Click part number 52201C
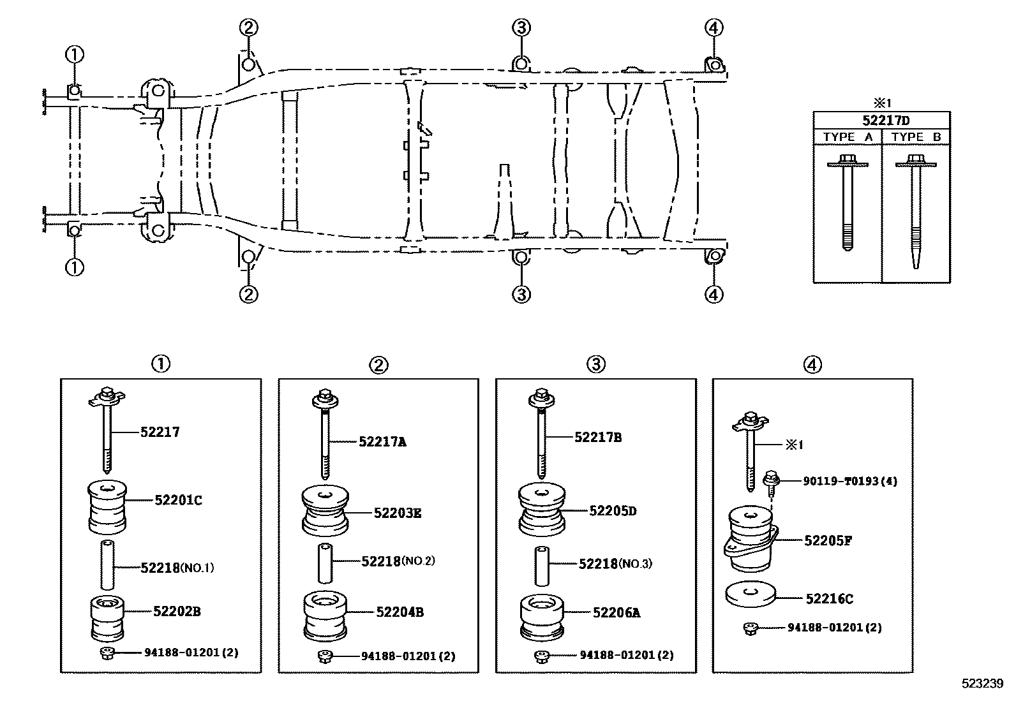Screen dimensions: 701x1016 click(178, 501)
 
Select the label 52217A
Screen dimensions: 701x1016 click(382, 441)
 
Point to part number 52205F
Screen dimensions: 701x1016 click(828, 541)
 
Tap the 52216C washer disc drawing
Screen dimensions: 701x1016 click(750, 595)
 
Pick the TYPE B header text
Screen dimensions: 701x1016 click(916, 137)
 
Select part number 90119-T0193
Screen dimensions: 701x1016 click(849, 481)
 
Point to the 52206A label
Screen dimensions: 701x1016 click(616, 613)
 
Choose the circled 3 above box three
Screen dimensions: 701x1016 click(595, 364)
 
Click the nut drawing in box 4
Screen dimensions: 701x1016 click(750, 629)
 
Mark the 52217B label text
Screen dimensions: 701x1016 click(598, 438)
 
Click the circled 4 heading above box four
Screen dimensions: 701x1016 click(812, 364)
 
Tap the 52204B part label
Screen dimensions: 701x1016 click(400, 612)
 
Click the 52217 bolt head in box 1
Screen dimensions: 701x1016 click(106, 397)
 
